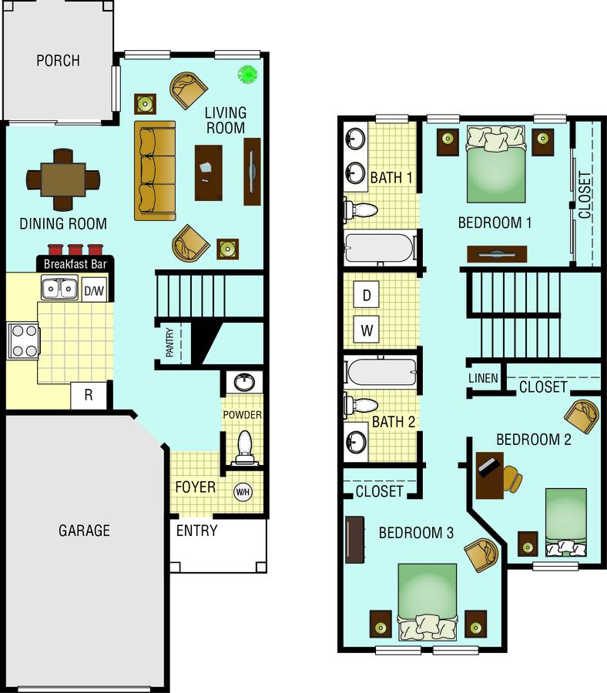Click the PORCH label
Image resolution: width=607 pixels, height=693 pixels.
click(x=58, y=61)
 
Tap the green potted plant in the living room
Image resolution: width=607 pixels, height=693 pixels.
click(x=247, y=74)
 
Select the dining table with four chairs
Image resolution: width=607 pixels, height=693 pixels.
click(x=62, y=179)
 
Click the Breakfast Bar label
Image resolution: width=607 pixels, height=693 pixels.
click(x=75, y=264)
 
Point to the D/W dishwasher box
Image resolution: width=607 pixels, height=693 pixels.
click(x=94, y=290)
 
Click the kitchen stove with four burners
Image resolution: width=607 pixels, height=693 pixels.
click(x=23, y=341)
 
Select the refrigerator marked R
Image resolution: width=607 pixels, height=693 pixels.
click(x=89, y=395)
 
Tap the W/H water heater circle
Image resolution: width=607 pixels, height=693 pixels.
click(x=243, y=491)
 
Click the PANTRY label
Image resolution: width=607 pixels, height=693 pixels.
click(x=169, y=343)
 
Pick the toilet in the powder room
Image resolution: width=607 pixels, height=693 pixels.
click(x=244, y=447)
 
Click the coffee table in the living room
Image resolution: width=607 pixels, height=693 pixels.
click(x=209, y=172)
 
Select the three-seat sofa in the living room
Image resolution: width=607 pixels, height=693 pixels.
click(x=155, y=171)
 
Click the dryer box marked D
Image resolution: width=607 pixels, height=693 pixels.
click(x=367, y=294)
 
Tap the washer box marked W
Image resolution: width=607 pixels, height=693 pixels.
click(x=367, y=330)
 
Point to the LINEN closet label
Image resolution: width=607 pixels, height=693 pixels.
click(x=483, y=378)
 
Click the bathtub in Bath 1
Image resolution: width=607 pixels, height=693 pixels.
click(x=381, y=247)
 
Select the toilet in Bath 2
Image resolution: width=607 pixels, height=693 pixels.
click(x=361, y=405)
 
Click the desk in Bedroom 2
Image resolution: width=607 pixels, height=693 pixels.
click(x=490, y=475)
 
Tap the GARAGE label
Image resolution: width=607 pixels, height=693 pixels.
click(x=84, y=531)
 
